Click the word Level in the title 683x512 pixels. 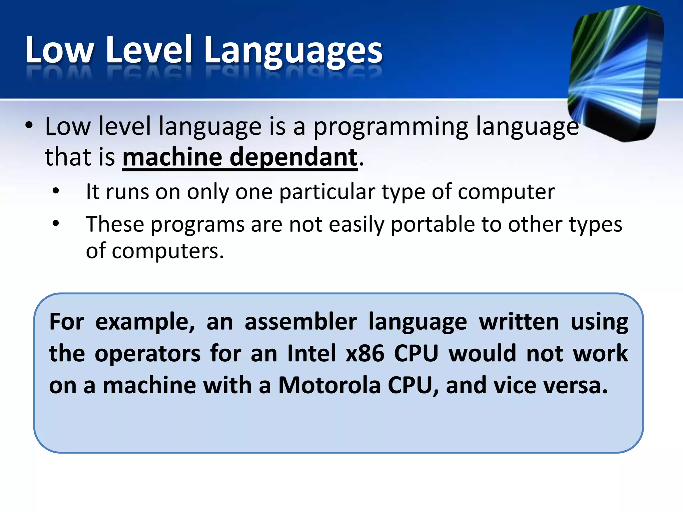(x=149, y=50)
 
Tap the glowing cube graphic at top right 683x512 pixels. (x=615, y=73)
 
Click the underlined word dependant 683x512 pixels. (x=293, y=157)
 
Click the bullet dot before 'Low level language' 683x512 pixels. (x=29, y=126)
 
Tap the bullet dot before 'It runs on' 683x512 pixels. (x=56, y=191)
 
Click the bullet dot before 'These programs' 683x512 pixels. (x=56, y=223)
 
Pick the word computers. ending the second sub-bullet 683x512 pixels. (x=167, y=251)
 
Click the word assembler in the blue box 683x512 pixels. (x=300, y=322)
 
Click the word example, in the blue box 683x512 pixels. (x=145, y=322)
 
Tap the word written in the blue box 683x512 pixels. (x=519, y=322)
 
